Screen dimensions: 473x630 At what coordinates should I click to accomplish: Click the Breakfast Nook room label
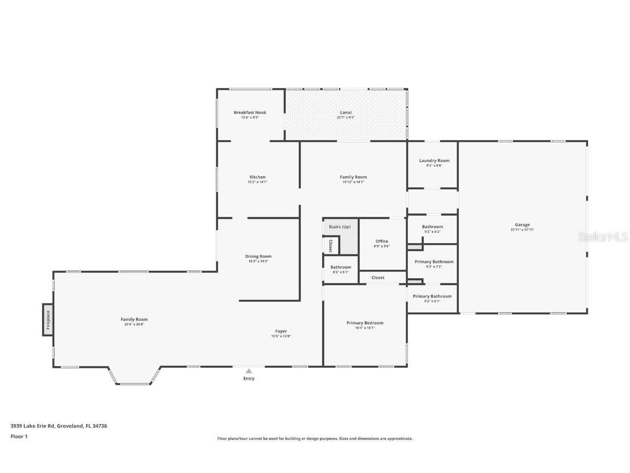[250, 112]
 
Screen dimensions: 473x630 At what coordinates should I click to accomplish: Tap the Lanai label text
[346, 112]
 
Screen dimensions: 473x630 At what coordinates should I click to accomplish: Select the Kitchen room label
[258, 177]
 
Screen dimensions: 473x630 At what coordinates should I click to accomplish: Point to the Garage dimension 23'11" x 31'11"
[522, 230]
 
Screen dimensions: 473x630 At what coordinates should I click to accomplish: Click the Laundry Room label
[434, 160]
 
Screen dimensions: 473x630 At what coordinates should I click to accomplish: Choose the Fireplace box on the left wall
[48, 319]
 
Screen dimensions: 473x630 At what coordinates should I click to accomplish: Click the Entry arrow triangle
[249, 371]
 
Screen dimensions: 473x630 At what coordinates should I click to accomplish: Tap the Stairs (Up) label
[340, 227]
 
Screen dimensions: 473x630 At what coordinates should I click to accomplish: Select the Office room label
[382, 241]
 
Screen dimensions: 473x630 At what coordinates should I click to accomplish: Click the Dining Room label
[258, 256]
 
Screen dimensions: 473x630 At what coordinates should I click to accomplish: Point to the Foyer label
[281, 331]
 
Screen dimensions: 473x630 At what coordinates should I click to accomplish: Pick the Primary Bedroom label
[365, 322]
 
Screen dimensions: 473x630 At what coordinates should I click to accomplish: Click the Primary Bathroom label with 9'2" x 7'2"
[434, 262]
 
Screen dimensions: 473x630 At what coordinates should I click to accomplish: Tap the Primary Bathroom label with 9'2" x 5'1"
[432, 296]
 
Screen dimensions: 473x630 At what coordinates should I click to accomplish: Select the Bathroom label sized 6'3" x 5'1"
[341, 267]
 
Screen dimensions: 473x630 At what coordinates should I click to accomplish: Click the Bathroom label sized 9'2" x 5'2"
[433, 227]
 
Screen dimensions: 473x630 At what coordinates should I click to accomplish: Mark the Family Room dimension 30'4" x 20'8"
[134, 325]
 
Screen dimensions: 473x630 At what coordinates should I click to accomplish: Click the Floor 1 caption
[19, 436]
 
